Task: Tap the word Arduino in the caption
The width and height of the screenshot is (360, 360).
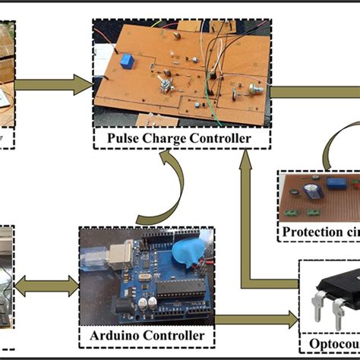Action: [110, 334]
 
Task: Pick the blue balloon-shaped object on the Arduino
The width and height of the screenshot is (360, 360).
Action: [180, 254]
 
